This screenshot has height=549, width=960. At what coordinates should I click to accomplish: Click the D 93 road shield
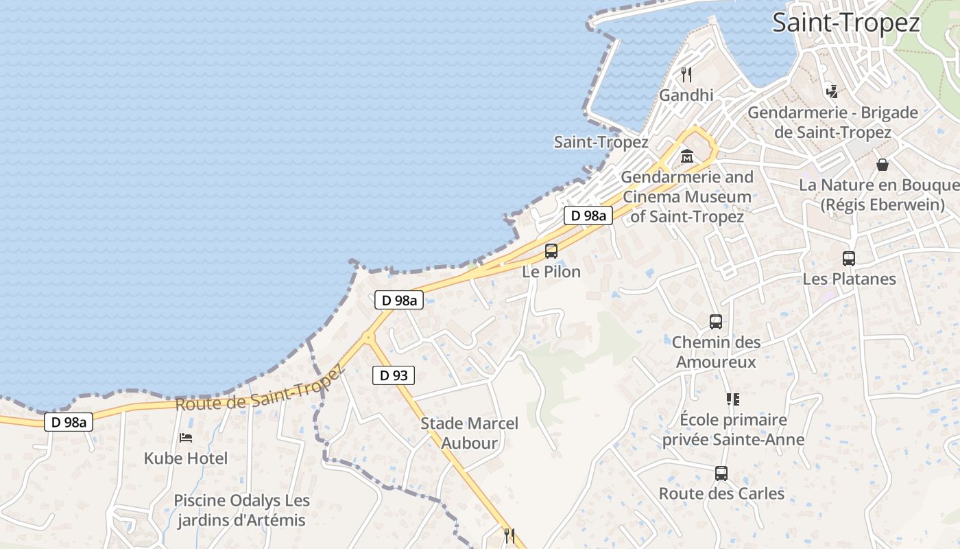[x=394, y=375]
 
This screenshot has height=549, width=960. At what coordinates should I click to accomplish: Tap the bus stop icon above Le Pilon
[x=551, y=251]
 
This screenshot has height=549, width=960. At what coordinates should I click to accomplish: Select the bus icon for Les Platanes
[x=849, y=259]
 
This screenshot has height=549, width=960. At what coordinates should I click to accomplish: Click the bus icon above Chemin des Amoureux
[x=716, y=321]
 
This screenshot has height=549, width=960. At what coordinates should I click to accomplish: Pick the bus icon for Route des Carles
[x=721, y=473]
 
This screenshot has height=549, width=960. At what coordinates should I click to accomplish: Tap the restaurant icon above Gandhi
[x=686, y=74]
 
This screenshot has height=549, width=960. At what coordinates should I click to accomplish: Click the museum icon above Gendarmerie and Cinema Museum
[x=687, y=157]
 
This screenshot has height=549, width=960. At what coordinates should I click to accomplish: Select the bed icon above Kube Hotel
[x=185, y=437]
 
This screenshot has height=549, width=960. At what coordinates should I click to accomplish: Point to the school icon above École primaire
[x=733, y=399]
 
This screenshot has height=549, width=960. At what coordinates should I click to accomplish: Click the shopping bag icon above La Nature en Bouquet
[x=882, y=165]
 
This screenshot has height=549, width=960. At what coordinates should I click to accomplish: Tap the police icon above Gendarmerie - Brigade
[x=832, y=91]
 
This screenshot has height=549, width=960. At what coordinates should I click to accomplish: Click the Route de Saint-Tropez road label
[x=259, y=389]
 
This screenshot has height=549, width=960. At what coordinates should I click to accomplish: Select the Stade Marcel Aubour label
[x=469, y=433]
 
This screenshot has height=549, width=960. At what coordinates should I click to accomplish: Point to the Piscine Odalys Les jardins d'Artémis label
[x=241, y=511]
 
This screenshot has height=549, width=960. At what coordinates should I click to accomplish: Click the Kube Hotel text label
[x=186, y=458]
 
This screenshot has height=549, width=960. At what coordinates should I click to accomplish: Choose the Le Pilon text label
[x=551, y=272]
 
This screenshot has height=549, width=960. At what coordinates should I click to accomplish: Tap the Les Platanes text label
[x=849, y=279]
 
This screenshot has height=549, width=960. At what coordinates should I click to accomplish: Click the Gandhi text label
[x=686, y=95]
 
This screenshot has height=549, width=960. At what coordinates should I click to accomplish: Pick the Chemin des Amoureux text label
[x=716, y=351]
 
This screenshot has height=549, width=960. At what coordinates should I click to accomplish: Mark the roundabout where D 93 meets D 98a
[x=369, y=337]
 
